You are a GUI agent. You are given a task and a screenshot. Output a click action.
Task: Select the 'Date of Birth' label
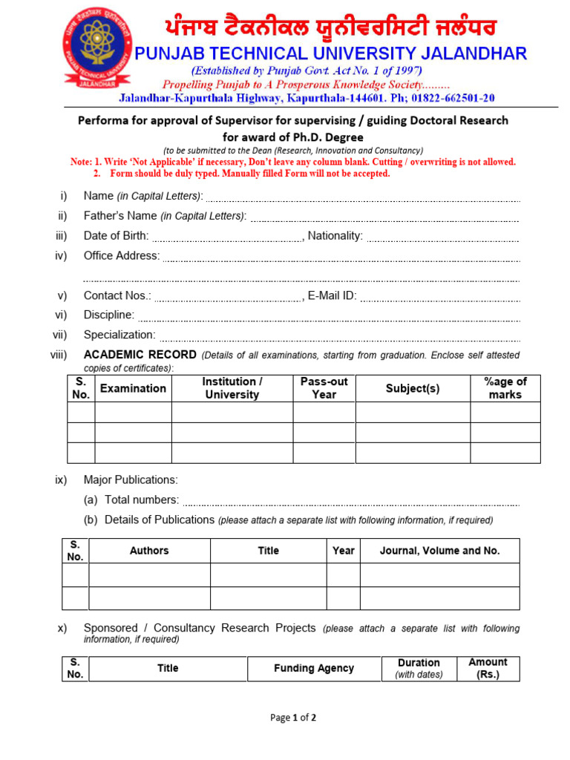tap(116, 236)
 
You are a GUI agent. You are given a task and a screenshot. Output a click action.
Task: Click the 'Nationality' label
tap(335, 236)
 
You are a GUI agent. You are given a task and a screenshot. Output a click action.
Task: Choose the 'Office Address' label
tap(121, 256)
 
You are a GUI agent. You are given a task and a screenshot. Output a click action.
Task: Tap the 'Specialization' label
tap(119, 335)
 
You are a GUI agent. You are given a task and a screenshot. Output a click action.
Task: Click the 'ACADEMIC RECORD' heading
tap(140, 355)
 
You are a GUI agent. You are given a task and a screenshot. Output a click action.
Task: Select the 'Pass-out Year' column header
tap(324, 388)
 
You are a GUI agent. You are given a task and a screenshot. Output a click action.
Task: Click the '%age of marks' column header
tap(505, 388)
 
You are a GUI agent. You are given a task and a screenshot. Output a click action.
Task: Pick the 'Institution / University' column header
tap(232, 388)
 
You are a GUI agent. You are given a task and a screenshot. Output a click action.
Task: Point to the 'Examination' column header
tap(133, 388)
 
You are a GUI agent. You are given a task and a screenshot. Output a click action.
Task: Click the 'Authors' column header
tap(149, 551)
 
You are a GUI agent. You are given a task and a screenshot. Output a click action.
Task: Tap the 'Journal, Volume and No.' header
tap(439, 551)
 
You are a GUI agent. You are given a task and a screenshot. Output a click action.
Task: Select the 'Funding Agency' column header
tap(314, 669)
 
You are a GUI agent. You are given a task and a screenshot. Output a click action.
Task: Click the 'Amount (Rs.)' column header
tap(488, 669)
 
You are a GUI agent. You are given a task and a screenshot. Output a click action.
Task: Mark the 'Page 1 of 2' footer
tap(293, 718)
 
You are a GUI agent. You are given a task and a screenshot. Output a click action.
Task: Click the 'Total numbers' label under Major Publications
tap(141, 500)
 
